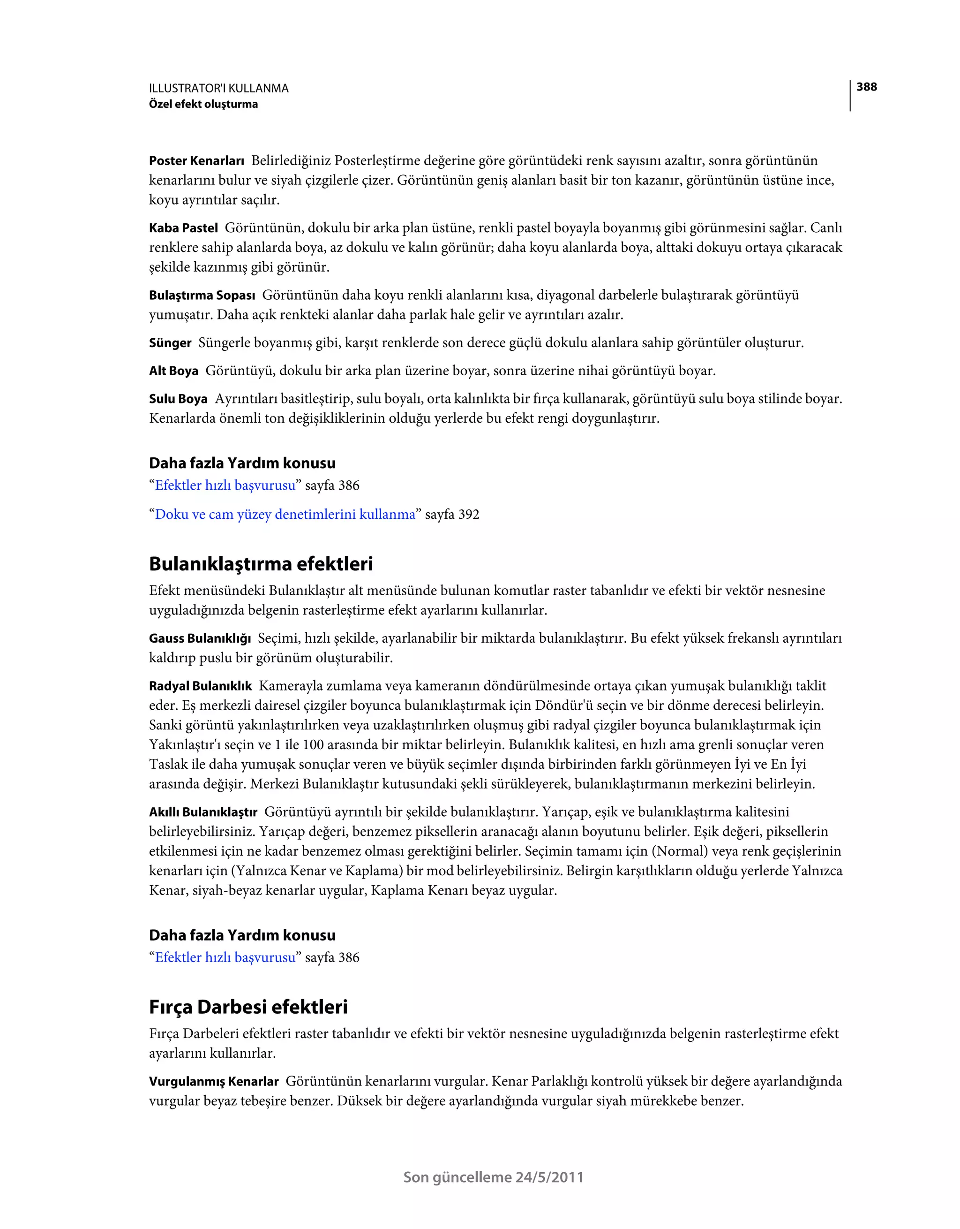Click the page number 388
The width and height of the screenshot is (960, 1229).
866,87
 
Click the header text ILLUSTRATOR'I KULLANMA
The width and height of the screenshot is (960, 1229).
218,88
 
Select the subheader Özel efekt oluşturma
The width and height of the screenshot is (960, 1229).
203,104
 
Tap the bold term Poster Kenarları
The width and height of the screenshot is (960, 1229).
196,161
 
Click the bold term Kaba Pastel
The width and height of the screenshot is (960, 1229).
183,228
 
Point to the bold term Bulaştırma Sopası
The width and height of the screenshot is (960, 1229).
202,296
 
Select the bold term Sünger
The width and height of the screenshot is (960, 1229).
170,343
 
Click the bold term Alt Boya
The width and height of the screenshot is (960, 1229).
173,371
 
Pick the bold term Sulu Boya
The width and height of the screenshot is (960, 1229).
178,399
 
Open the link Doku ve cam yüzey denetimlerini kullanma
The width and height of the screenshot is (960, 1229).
285,514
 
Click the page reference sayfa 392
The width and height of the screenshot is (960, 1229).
452,514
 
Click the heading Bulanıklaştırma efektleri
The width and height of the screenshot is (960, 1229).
261,564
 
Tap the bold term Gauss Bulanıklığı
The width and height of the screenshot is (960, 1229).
200,638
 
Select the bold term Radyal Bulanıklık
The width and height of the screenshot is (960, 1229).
200,686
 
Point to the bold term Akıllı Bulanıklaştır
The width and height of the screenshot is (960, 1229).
203,812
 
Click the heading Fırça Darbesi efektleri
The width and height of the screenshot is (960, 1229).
248,1007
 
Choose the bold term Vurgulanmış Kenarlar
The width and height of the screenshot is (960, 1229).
214,1082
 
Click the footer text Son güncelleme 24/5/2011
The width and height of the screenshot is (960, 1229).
493,1177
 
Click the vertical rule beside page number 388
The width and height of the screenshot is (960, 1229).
850,96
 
